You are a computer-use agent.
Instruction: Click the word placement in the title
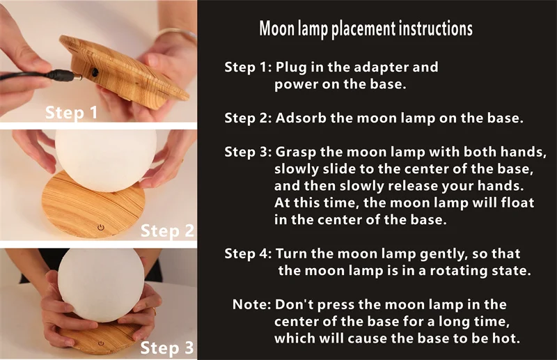coord(363,29)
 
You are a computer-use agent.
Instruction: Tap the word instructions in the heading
coord(435,29)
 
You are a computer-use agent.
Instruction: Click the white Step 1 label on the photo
coord(71,112)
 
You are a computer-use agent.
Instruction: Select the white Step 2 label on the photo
coord(167,230)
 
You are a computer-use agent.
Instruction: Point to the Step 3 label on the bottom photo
coord(167,347)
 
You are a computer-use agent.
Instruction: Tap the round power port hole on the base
coord(95,72)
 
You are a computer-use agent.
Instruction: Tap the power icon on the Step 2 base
coord(101,227)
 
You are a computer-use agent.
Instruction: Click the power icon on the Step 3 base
coord(101,343)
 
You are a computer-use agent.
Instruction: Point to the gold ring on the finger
coord(155,311)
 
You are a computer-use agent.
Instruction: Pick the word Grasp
coord(296,152)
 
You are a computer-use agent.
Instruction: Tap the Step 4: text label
coord(248,253)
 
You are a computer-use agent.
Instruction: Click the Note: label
coord(252,304)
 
